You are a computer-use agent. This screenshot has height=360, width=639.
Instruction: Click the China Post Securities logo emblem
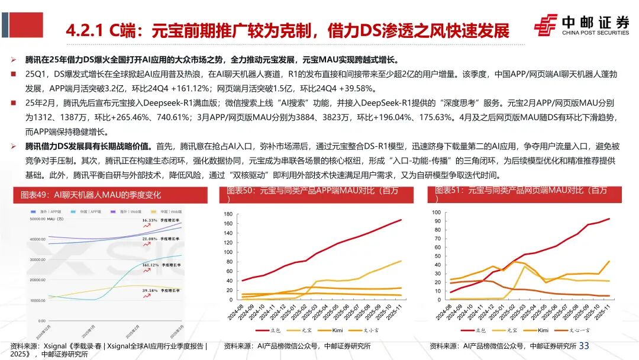[x=546, y=24]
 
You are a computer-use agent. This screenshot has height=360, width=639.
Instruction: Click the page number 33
[x=585, y=345]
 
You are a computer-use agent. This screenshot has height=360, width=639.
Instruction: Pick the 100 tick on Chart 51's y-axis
[x=437, y=212]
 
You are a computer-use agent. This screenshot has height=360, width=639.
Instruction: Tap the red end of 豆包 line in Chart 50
[x=401, y=220]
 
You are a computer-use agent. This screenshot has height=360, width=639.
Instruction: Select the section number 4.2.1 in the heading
[x=85, y=29]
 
